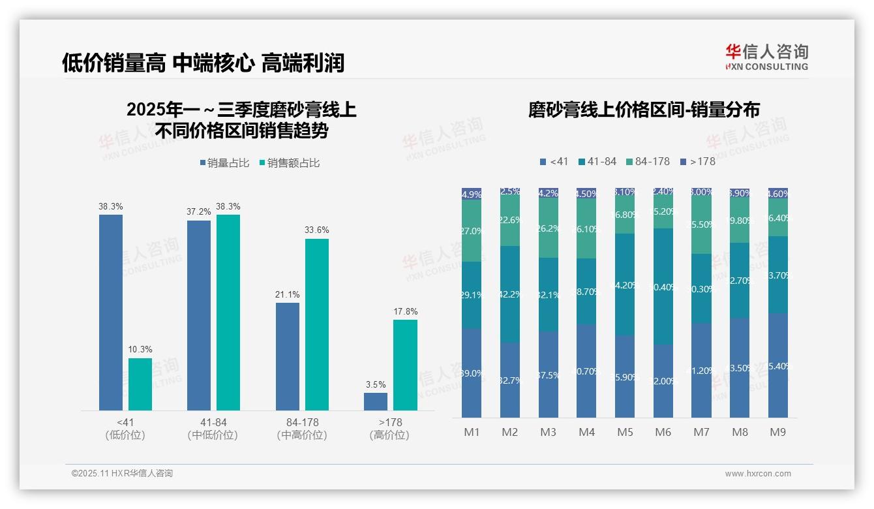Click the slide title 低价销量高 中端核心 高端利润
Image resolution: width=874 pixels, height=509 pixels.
point(203,63)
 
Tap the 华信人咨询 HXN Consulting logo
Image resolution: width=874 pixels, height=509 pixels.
point(766,57)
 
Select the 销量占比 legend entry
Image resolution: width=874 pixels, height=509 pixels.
point(224,163)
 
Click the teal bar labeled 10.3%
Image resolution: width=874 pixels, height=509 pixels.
point(140,384)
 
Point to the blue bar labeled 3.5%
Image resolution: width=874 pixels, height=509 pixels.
point(375,401)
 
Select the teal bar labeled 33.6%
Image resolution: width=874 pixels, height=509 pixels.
point(316,324)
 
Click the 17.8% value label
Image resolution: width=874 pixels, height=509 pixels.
point(405,312)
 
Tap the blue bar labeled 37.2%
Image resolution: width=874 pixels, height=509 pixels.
point(199,315)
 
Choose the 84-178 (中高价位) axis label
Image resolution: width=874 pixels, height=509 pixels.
point(302,429)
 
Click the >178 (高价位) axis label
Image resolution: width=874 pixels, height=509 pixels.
point(389,429)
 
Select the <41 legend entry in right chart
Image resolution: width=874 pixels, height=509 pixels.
point(554,161)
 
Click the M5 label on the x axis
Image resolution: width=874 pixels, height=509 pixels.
point(625,432)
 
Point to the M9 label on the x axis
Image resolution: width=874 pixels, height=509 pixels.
point(777,432)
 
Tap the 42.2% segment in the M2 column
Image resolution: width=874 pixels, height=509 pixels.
point(510,294)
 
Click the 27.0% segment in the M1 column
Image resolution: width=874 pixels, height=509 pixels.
point(472,231)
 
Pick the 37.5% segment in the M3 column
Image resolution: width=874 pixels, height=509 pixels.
point(549,375)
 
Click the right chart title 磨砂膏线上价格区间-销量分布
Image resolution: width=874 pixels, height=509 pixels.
point(644,110)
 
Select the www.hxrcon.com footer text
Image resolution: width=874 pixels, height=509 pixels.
point(758,474)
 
